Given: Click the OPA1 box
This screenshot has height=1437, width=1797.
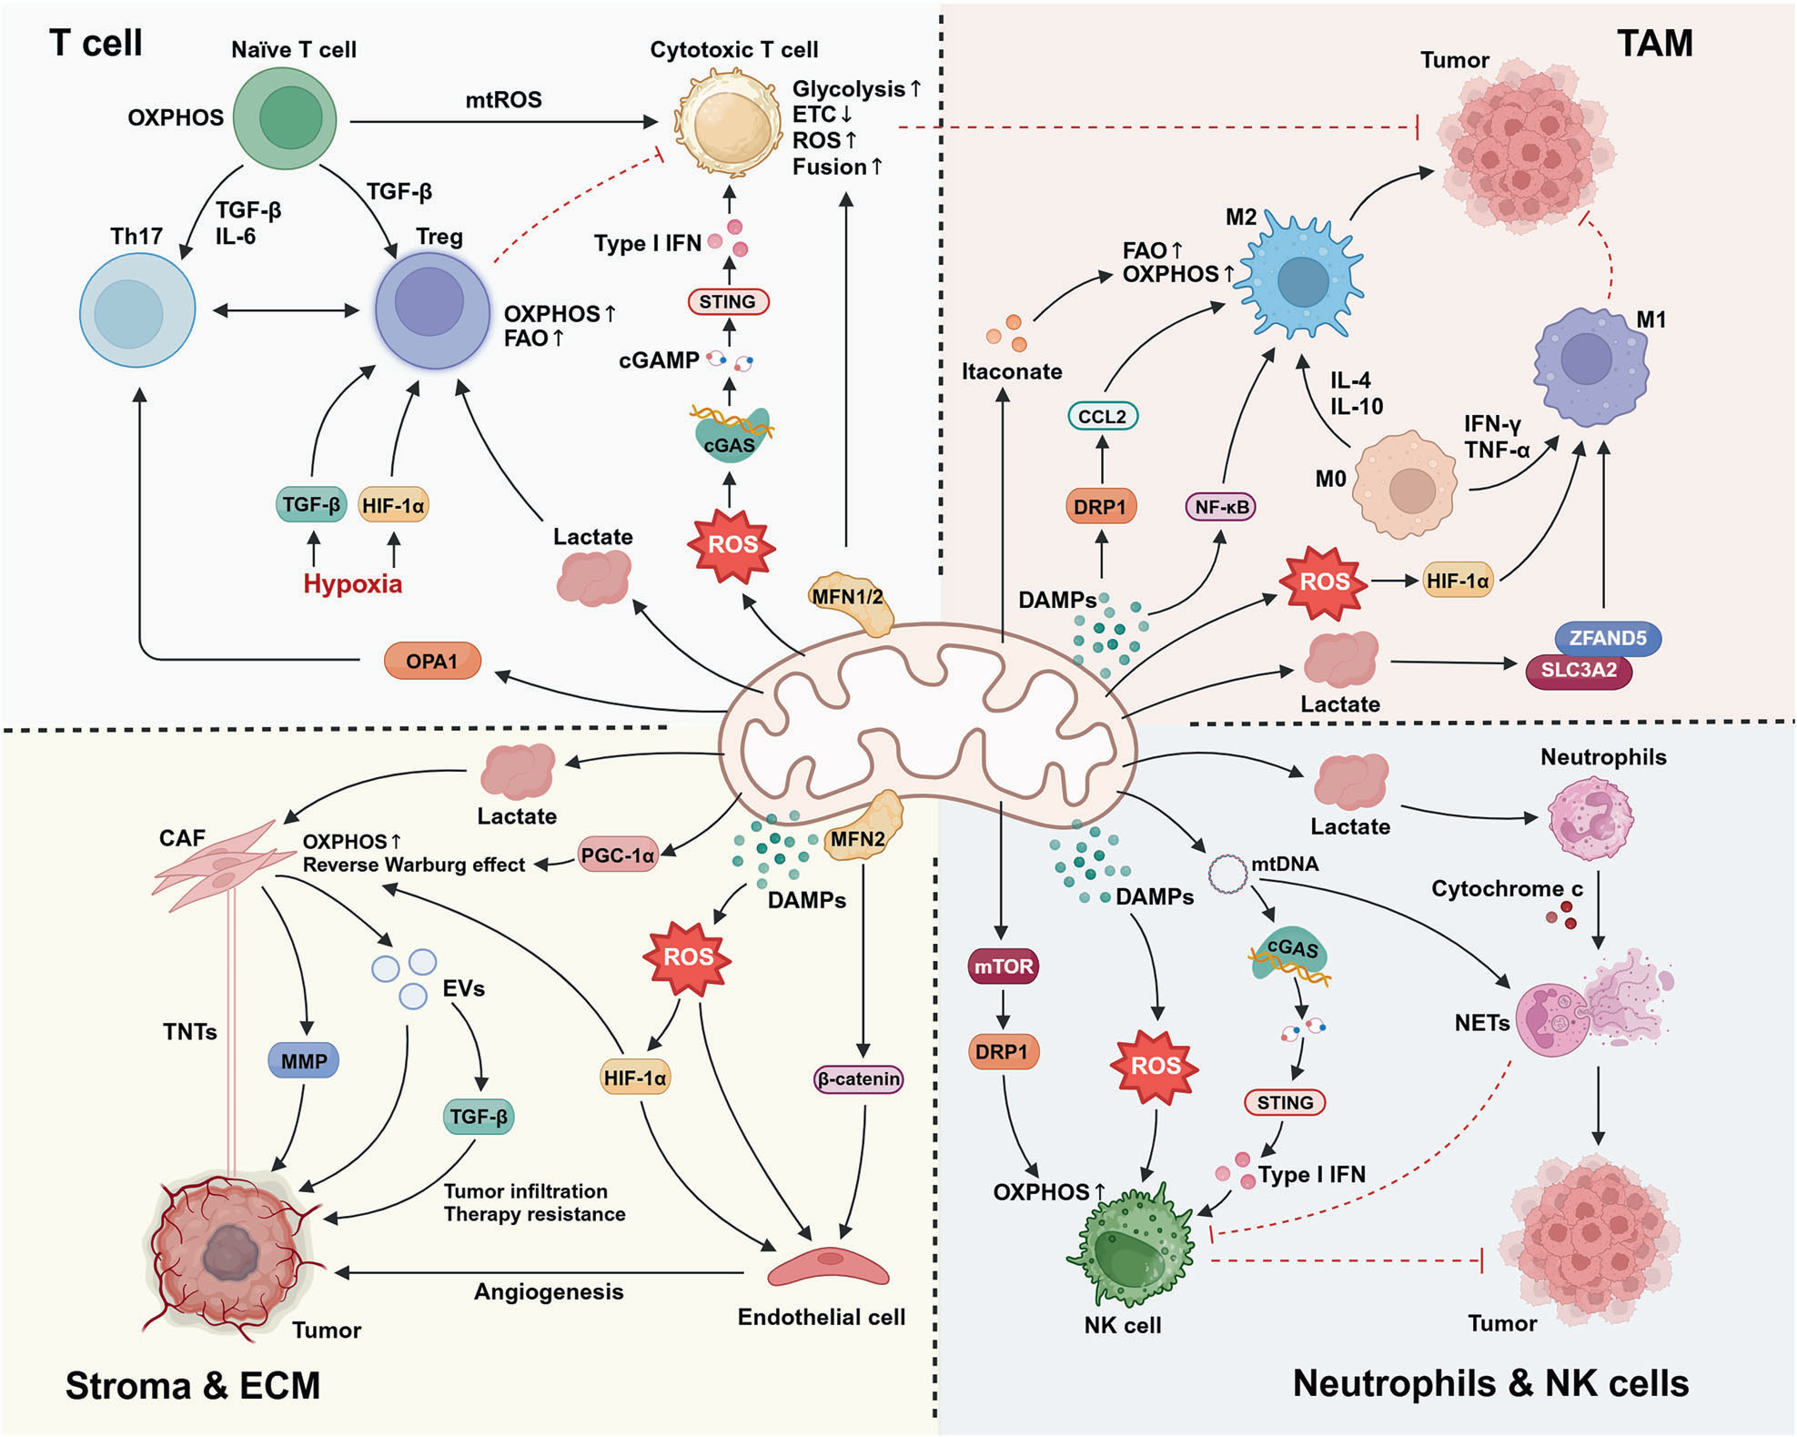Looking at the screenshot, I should [x=432, y=661].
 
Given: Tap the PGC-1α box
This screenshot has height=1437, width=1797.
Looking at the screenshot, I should [x=618, y=855].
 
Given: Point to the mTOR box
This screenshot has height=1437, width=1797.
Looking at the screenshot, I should [x=1003, y=966].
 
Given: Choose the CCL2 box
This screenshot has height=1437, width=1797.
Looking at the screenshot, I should [x=1102, y=416].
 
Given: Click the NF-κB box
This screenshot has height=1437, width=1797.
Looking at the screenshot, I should [x=1220, y=506].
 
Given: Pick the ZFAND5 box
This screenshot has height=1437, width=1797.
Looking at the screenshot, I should [x=1608, y=638].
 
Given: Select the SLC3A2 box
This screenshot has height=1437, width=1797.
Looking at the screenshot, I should [x=1578, y=671].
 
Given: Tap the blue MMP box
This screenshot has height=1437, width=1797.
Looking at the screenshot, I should [x=304, y=1060].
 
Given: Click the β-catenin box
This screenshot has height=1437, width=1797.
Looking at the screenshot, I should [x=858, y=1079].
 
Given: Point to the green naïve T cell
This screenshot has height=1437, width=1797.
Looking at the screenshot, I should [x=286, y=118].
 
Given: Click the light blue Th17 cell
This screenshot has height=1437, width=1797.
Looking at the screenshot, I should [x=137, y=310].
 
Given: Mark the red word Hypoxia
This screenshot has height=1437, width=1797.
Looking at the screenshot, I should [x=352, y=583].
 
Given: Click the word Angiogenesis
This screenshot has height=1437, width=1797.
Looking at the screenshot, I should [x=549, y=1291].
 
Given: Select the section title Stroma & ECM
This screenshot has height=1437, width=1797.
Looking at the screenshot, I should [x=193, y=1385].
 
